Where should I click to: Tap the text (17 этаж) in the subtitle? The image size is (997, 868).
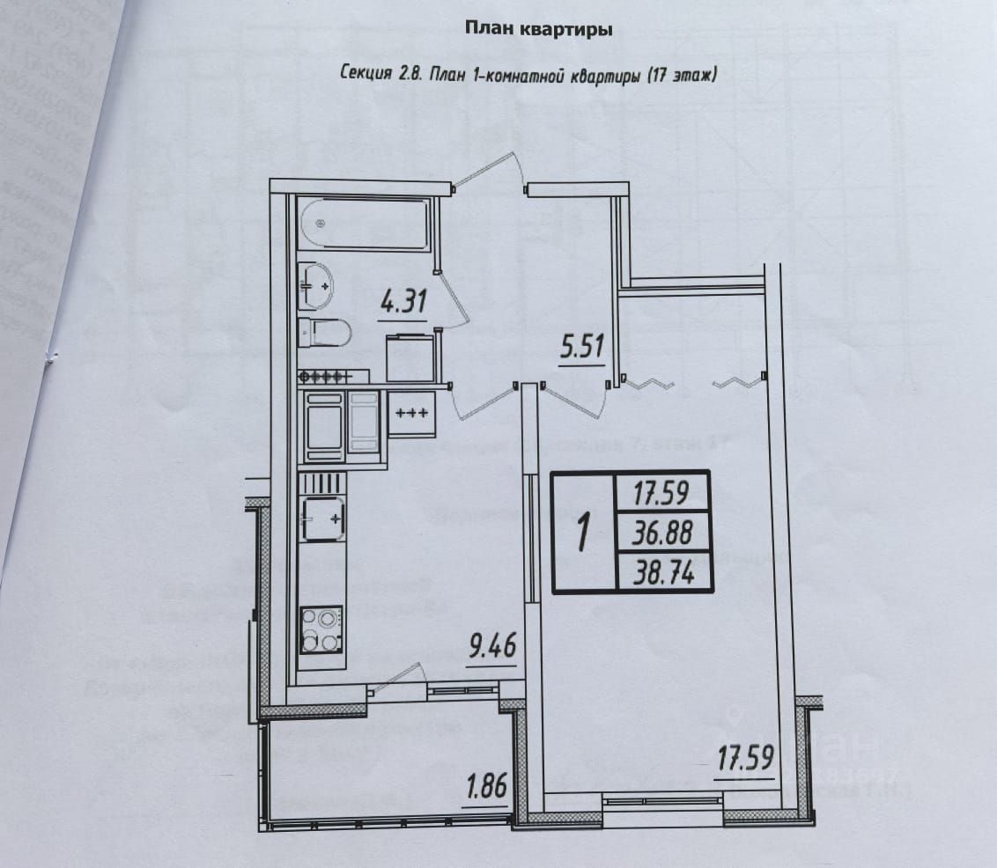click(683, 77)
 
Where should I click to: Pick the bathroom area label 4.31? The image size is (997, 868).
click(402, 304)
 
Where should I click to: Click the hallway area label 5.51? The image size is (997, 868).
click(582, 347)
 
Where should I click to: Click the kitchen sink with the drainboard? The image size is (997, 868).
click(322, 518)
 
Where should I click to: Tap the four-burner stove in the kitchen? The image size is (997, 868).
click(321, 628)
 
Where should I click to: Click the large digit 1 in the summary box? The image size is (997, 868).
click(583, 533)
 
